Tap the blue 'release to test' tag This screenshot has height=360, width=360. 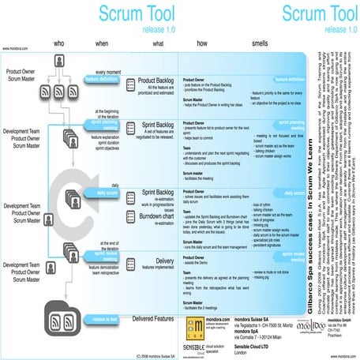pyautogui.click(x=106, y=318)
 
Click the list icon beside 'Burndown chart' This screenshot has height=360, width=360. pyautogui.click(x=127, y=213)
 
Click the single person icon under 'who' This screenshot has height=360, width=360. pyautogui.click(x=58, y=62)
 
